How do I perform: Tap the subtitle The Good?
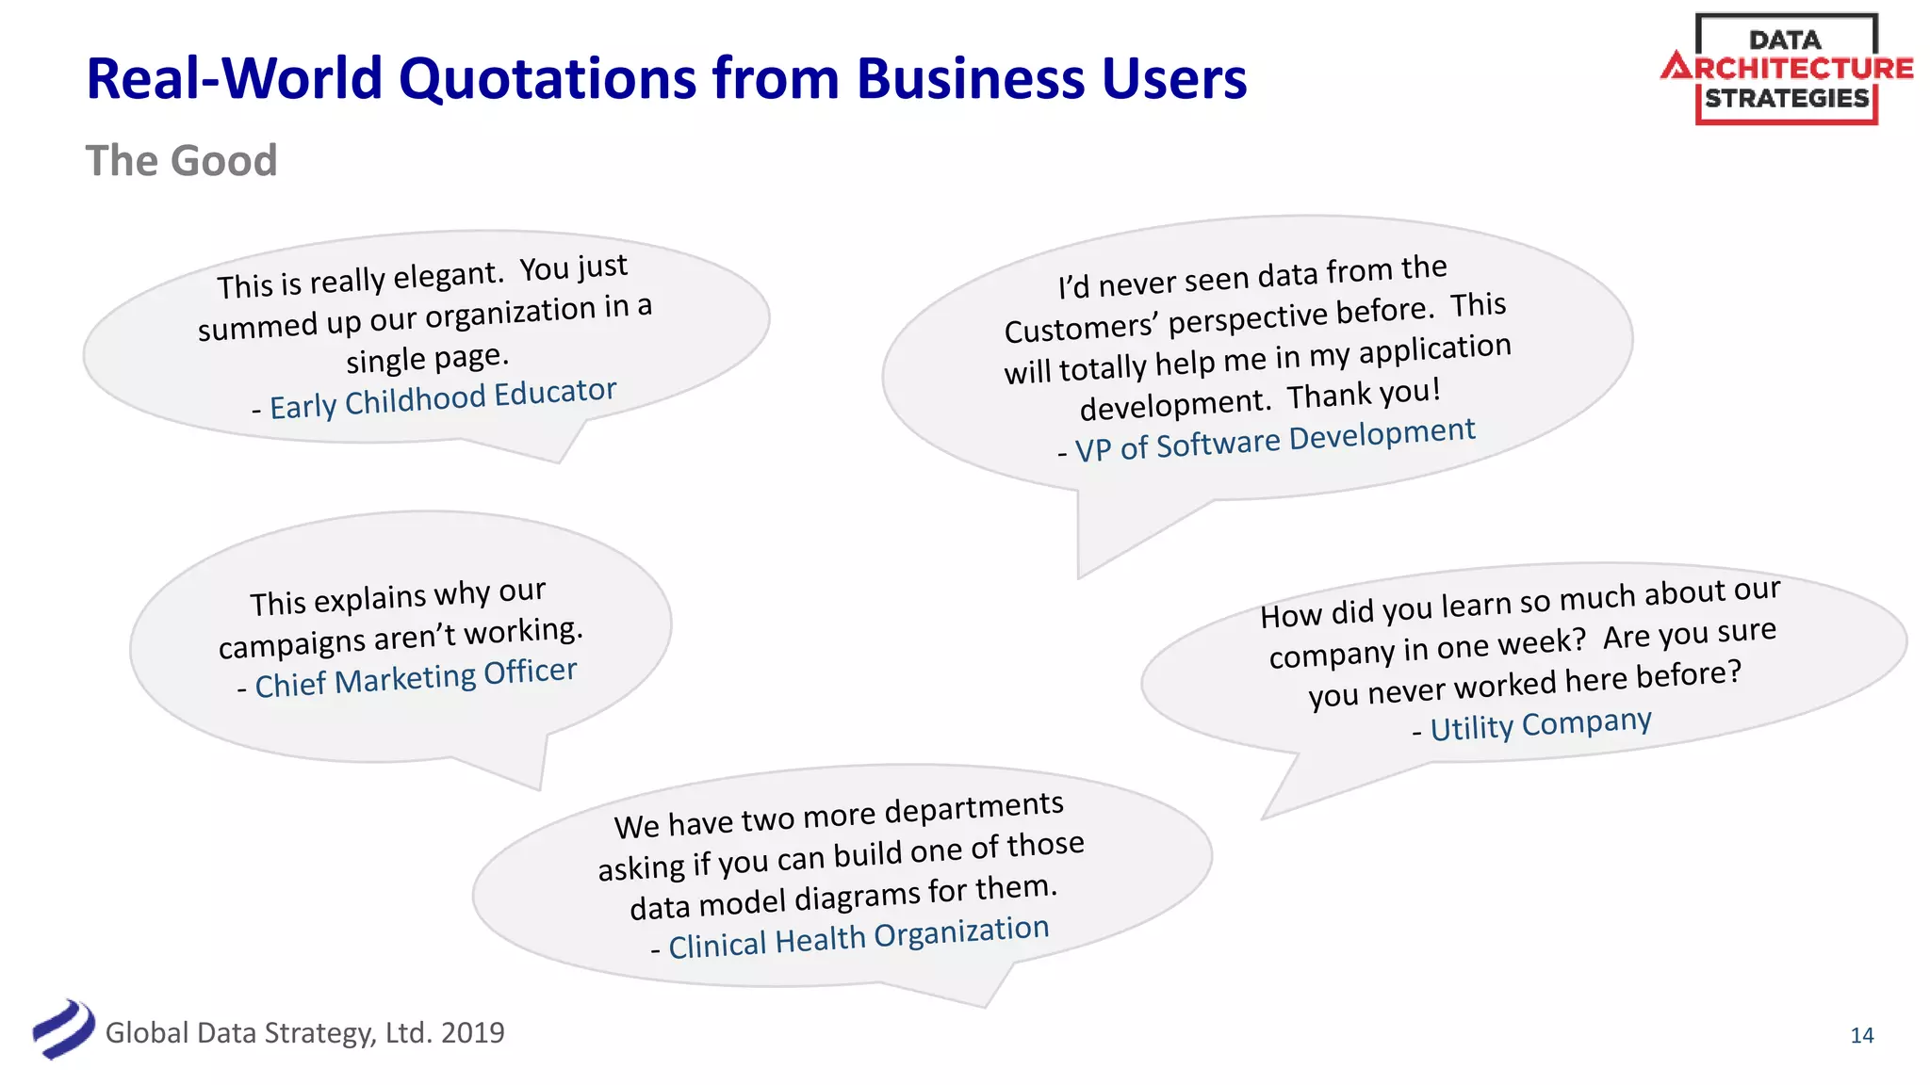coord(181,161)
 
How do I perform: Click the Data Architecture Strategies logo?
coord(1786,70)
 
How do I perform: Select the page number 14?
coord(1861,1035)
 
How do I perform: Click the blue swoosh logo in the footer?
coord(63,1028)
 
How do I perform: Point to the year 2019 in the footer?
coord(472,1033)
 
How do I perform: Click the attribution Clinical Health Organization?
coord(858,938)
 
